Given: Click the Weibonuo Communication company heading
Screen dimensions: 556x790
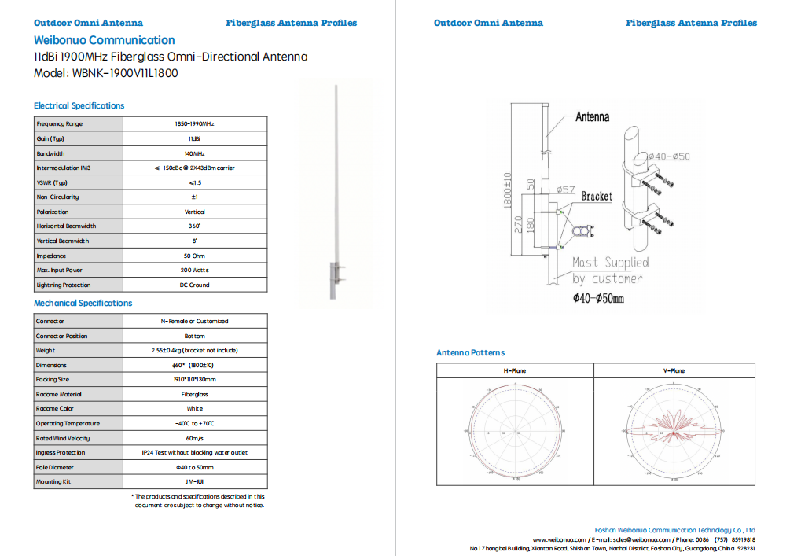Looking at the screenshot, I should [104, 40].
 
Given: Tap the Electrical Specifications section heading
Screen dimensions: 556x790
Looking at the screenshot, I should [79, 105].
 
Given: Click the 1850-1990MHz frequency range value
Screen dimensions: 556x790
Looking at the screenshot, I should [194, 124].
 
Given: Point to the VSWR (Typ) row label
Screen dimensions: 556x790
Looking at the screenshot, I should [53, 182].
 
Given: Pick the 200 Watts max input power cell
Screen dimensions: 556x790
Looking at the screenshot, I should [194, 271].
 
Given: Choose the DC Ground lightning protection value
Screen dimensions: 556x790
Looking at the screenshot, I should [194, 285].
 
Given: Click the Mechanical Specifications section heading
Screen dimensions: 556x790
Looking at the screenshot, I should [83, 303].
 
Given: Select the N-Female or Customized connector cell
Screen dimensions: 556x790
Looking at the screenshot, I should [194, 322].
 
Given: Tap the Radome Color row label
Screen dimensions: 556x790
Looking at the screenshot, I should [55, 409].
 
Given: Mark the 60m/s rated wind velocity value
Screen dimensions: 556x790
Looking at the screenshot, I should [194, 438].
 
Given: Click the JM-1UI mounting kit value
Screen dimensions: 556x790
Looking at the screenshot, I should [194, 482].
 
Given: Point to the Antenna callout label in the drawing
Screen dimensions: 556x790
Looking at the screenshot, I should [592, 117].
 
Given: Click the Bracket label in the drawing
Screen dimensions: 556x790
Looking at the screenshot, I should [597, 197].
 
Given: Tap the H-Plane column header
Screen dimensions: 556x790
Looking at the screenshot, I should [515, 370].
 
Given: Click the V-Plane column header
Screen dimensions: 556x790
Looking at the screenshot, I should [674, 370].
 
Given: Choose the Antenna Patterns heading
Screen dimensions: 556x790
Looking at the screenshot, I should [470, 352].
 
